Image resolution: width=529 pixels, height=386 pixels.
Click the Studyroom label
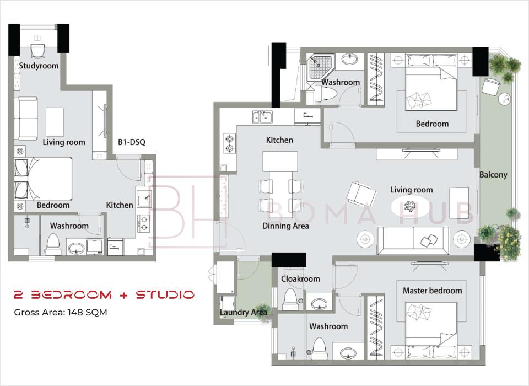39,66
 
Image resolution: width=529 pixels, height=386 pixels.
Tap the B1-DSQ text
132,142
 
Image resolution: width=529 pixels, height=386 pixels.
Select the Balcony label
493,175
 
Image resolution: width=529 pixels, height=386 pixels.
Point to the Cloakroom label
300,279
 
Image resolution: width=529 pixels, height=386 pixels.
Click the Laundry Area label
243,312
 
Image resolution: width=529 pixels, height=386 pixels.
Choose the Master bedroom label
432,291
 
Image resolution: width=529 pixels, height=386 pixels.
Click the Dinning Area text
285,226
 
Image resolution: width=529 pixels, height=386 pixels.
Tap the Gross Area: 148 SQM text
61,312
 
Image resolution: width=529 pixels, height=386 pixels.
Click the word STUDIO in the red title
165,295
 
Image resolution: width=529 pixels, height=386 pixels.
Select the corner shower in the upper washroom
320,68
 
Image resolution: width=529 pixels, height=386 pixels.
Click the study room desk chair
37,51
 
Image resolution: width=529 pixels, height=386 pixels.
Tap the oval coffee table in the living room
410,206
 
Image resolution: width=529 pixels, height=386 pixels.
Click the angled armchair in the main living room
361,194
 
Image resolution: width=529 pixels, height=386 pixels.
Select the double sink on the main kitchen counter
263,117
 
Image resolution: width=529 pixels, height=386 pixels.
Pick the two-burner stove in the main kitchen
230,143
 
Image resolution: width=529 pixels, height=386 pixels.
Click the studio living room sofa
26,118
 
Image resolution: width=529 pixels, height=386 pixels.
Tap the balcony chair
489,86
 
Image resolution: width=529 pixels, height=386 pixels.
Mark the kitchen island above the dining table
280,162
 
